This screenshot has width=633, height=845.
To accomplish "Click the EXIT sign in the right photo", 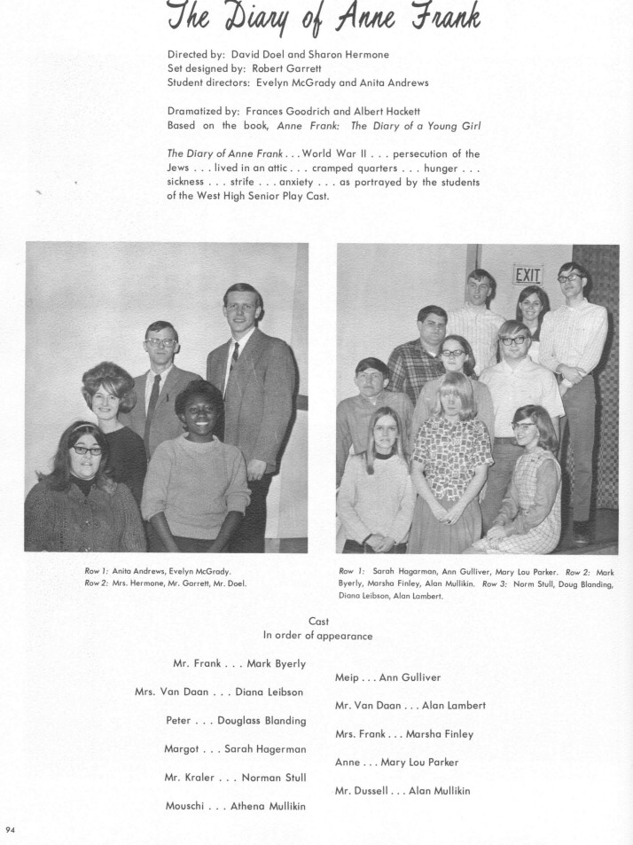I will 527,276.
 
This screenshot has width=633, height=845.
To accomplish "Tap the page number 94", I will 11,830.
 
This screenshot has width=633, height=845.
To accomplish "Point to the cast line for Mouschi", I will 235,806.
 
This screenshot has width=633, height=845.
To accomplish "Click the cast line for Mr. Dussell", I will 402,790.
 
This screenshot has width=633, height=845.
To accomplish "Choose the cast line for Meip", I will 387,677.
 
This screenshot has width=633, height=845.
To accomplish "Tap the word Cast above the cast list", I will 318,622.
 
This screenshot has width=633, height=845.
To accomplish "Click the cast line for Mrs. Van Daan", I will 219,692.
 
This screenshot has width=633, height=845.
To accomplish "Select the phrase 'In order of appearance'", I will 317,636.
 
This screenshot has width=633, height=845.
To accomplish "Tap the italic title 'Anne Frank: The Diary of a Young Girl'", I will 379,125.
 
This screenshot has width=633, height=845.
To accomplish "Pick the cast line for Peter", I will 236,720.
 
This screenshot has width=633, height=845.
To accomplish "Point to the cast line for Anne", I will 396,762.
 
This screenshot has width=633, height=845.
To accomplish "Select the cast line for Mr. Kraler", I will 235,778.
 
